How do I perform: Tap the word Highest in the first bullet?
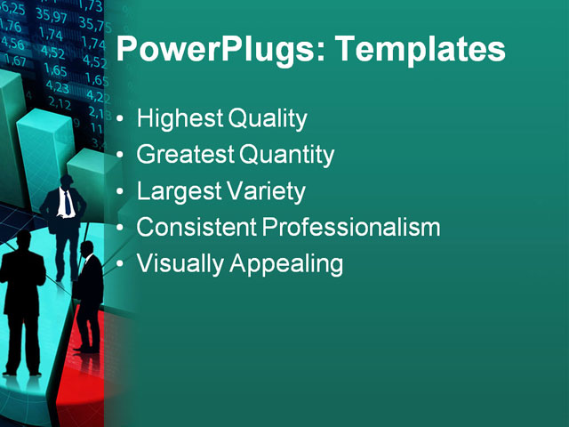click(x=180, y=119)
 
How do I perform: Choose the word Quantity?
click(x=287, y=156)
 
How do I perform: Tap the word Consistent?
click(x=196, y=228)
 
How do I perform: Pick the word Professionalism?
click(x=352, y=228)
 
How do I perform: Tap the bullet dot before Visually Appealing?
click(x=122, y=265)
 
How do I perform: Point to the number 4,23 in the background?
click(x=57, y=87)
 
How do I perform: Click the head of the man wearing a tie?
click(x=67, y=181)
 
